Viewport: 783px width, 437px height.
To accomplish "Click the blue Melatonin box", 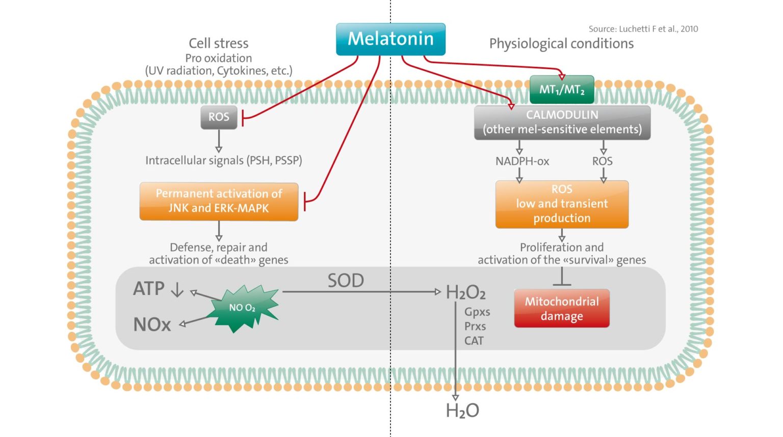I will tap(390, 39).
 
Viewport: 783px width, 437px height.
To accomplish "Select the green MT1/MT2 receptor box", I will tap(562, 90).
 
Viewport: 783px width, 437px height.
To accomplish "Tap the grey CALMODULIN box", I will tap(562, 122).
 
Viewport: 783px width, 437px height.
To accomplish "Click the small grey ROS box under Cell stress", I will tap(219, 117).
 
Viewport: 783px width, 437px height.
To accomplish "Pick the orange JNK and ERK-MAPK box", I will tap(219, 201).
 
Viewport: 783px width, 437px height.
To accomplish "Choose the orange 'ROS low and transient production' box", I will tap(562, 204).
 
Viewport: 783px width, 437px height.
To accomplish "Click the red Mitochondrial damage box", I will tap(562, 309).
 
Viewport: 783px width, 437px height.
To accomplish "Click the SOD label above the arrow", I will tap(346, 281).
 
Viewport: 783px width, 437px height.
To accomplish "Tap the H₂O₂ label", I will tap(465, 292).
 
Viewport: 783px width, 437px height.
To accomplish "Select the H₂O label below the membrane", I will tap(462, 411).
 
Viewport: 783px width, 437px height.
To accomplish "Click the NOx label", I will tap(152, 324).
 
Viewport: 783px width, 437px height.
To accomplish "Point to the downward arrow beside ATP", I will tap(177, 290).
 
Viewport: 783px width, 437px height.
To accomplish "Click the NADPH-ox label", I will tap(522, 161).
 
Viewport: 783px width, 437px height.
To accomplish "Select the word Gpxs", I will tap(477, 312).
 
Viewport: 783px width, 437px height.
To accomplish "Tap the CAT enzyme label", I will tap(474, 341).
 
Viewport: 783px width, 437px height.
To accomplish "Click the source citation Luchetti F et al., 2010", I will tap(643, 29).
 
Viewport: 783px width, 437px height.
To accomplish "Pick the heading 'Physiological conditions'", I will tap(561, 44).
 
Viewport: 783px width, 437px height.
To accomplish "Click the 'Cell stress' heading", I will tap(218, 43).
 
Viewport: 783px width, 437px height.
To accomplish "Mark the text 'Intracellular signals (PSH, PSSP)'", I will tap(223, 160).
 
